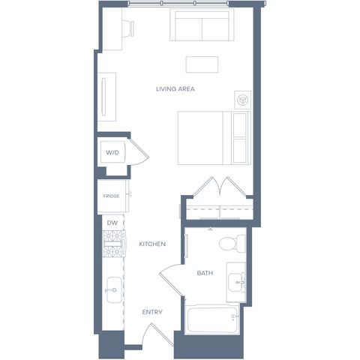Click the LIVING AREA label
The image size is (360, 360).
[175, 89]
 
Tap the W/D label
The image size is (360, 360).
[112, 152]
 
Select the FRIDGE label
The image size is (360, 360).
[112, 196]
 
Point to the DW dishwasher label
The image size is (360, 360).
[112, 223]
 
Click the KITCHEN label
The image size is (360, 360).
[152, 244]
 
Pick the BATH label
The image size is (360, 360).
[205, 273]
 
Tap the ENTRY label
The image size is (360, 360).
[152, 312]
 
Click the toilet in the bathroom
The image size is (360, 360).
[232, 244]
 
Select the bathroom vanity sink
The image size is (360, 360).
[236, 282]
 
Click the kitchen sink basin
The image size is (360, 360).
[114, 290]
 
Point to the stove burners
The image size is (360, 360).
[114, 244]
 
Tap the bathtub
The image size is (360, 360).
[212, 319]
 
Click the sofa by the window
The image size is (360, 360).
[202, 25]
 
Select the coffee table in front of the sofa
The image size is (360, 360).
[202, 64]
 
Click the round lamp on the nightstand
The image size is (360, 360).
[242, 100]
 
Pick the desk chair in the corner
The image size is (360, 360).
[128, 27]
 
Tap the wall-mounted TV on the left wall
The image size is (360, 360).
[103, 97]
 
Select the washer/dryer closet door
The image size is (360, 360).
[138, 151]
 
